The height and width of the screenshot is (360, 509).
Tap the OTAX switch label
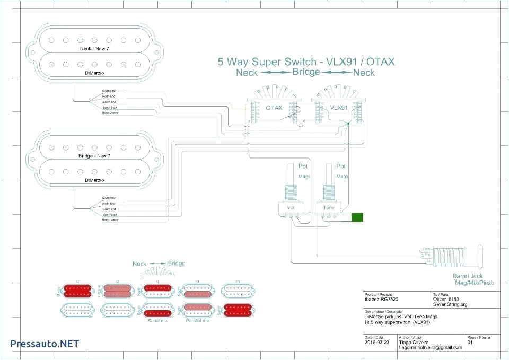coord(274,107)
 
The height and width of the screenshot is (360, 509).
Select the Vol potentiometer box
coord(291,208)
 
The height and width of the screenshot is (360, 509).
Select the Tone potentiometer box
coord(329,208)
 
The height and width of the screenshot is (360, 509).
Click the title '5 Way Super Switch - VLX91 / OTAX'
coord(306,62)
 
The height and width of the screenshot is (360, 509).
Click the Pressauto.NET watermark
coord(45,344)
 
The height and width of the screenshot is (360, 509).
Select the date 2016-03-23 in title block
coord(376,343)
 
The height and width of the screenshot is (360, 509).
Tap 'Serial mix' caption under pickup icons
coord(155,321)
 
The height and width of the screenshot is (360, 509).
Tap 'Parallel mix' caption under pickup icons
coord(197,321)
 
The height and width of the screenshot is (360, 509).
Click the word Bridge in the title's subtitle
coord(306,72)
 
